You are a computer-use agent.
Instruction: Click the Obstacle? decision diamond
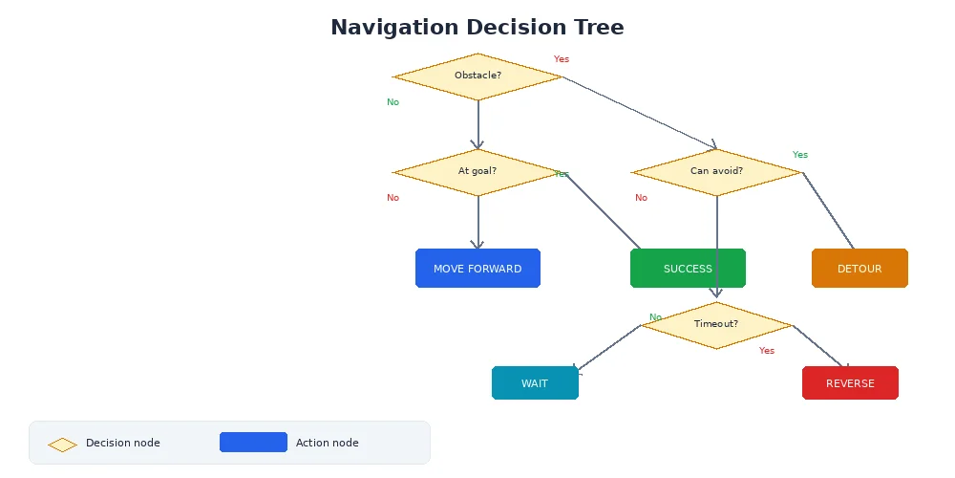[477, 76]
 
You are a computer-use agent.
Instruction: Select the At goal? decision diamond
[477, 172]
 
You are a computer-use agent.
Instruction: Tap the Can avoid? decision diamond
[716, 172]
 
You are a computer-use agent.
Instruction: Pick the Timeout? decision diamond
[716, 324]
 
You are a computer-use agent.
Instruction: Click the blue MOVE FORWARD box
[477, 269]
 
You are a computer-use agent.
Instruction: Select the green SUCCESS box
[688, 269]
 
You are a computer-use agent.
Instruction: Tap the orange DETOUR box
[859, 269]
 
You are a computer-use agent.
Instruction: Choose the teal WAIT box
[535, 383]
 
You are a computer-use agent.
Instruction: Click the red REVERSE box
[850, 383]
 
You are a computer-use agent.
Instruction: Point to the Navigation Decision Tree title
[477, 28]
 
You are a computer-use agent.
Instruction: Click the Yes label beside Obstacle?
[562, 59]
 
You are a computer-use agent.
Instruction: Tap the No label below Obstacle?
[393, 102]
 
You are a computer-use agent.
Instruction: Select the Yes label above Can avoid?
[800, 155]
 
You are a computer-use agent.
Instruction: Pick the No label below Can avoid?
[641, 198]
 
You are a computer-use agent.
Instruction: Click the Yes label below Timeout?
[767, 351]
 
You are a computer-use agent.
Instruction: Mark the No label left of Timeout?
[655, 317]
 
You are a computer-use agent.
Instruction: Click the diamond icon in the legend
[63, 445]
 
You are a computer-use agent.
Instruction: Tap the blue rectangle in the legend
[253, 443]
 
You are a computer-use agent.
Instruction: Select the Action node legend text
[328, 443]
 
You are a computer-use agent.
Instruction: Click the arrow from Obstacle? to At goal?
[477, 124]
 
